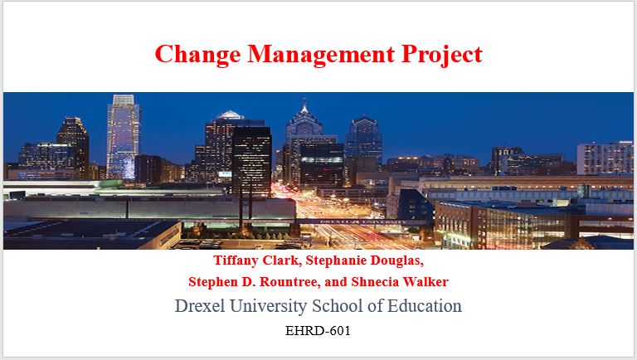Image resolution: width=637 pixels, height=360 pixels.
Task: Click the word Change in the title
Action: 197,55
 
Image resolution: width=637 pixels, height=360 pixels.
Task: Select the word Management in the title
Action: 321,55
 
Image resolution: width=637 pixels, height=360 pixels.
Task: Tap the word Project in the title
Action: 441,55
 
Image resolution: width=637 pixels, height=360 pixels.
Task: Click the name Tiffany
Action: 236,260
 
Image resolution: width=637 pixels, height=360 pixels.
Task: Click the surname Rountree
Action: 290,282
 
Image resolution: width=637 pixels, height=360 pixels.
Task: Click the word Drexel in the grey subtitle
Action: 199,306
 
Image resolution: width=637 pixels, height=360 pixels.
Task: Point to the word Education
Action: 424,306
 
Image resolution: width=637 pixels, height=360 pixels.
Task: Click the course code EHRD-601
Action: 318,331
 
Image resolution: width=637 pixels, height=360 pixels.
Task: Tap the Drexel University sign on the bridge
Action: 362,221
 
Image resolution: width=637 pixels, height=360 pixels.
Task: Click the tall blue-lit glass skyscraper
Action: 123,137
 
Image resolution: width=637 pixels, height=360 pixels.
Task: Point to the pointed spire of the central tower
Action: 304,105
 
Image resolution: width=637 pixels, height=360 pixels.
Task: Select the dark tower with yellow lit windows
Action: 251,161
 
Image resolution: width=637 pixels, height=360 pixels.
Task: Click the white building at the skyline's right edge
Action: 605,158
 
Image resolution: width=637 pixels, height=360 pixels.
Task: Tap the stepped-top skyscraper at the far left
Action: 74,146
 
